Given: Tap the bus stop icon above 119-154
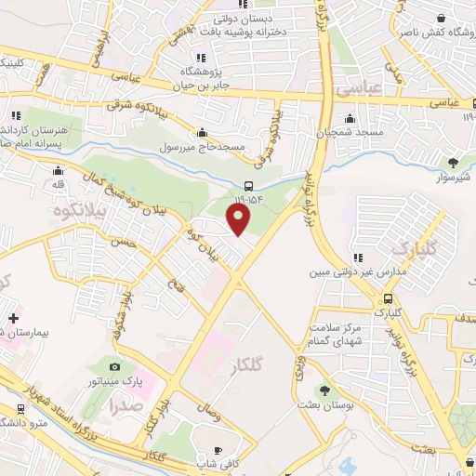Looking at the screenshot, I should point(249,185).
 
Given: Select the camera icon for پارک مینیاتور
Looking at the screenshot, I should point(115,366).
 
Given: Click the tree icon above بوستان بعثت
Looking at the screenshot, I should point(324,391).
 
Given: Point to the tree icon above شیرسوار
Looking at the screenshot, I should point(453,163).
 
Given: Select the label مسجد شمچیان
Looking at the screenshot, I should point(350,133).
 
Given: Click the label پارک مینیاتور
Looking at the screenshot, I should point(115,381).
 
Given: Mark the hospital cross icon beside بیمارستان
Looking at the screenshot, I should point(13,318).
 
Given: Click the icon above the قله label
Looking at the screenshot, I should point(59,171).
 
